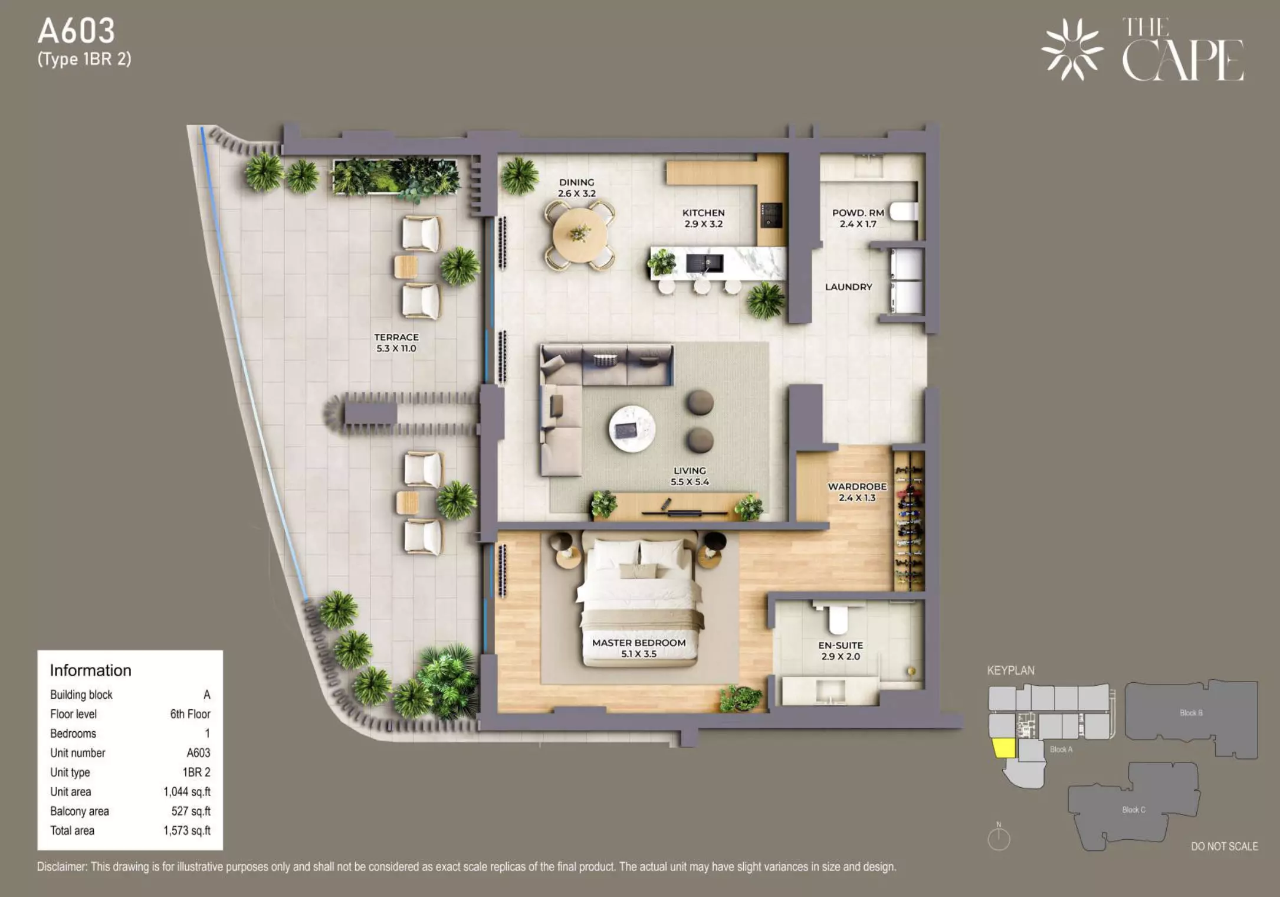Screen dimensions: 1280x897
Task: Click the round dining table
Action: coord(579,235)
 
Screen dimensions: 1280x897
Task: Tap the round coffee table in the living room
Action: coord(632,428)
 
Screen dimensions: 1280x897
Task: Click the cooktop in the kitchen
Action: coord(771,215)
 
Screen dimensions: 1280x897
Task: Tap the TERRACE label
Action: coord(396,337)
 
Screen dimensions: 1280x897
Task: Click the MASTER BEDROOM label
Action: coord(639,643)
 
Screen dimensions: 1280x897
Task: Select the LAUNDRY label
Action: coord(848,287)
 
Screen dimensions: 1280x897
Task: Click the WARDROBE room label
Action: coord(857,486)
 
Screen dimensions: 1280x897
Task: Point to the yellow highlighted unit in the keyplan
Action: coord(1004,748)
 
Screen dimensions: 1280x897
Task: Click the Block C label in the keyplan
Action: coord(1134,810)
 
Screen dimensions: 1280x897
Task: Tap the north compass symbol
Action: coord(999,837)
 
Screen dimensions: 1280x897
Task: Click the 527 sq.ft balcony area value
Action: coord(191,811)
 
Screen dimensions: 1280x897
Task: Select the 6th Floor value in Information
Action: coord(190,714)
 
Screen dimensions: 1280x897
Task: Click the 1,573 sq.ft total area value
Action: coord(187,830)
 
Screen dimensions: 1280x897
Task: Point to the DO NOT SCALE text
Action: coord(1224,846)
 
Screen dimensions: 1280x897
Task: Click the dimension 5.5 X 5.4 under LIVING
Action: coord(690,482)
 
